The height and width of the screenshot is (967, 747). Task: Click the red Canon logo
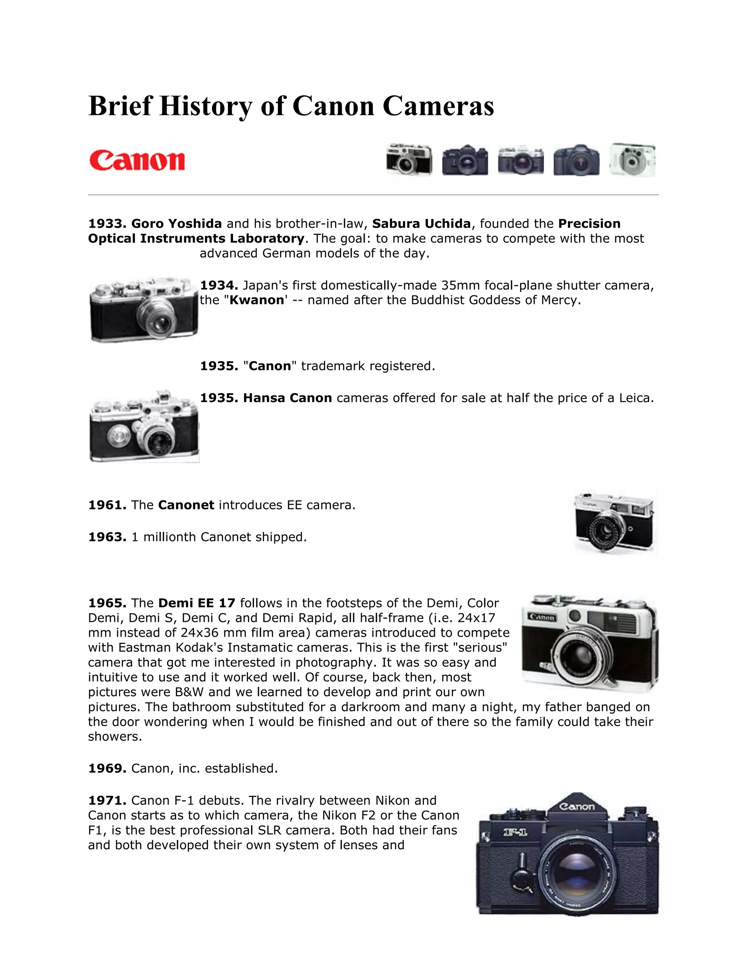point(137,161)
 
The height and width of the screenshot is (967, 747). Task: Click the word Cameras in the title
point(438,106)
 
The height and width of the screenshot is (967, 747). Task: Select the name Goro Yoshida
point(177,224)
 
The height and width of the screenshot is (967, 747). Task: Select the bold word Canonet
point(186,505)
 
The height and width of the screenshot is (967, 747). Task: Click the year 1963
point(107,537)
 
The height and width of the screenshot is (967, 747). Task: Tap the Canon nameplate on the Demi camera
point(542,617)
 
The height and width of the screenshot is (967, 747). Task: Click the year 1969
point(107,768)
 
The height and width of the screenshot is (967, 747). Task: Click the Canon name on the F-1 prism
point(577,807)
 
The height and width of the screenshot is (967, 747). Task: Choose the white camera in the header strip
point(633,160)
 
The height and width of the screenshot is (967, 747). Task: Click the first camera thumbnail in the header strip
point(409,160)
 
